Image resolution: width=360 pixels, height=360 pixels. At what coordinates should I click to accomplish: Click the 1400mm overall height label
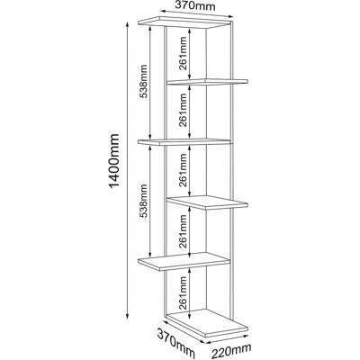[114, 161]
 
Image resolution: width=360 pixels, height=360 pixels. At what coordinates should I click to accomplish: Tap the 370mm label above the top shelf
[195, 5]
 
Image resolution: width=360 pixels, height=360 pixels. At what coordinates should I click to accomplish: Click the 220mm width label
[231, 351]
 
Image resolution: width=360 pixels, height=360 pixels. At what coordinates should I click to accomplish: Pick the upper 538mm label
[144, 81]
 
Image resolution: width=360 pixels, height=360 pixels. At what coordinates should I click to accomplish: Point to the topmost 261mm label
[183, 53]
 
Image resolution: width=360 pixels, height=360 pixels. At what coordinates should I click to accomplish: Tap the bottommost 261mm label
[183, 292]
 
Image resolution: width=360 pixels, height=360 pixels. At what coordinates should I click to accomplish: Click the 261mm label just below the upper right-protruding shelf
[183, 110]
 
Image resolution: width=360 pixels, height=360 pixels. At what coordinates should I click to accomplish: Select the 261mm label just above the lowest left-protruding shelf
[183, 230]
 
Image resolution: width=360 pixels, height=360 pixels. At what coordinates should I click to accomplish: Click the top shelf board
[185, 22]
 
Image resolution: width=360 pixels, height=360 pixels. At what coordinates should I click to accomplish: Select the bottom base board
[207, 322]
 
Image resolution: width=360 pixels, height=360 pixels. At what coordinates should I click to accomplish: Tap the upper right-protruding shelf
[207, 82]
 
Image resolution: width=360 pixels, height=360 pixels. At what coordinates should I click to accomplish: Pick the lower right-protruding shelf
[207, 202]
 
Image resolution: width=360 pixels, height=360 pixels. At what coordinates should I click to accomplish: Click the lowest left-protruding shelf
[184, 261]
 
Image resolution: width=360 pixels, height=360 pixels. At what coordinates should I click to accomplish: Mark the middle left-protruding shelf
[184, 141]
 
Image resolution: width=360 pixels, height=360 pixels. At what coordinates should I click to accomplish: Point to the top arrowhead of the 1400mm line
[127, 24]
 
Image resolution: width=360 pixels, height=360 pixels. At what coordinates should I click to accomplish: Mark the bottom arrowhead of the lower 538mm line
[149, 255]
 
